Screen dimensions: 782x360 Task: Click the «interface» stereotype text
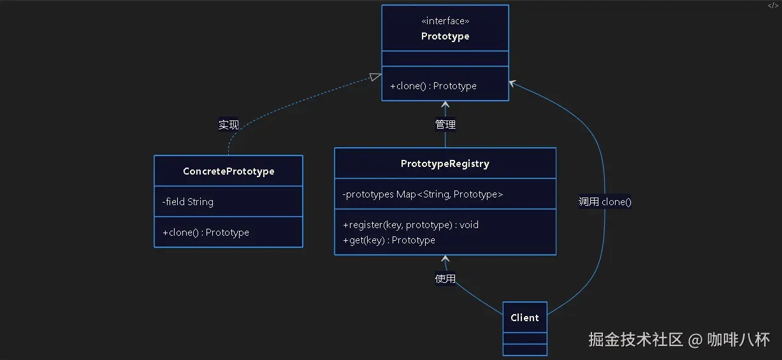click(445, 21)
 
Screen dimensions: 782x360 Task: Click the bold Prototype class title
click(445, 36)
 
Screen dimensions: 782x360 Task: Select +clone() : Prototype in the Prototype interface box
click(433, 86)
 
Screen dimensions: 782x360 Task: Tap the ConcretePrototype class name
click(229, 171)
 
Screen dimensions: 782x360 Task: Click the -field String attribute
click(188, 202)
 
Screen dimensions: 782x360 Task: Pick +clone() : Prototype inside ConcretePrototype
click(206, 233)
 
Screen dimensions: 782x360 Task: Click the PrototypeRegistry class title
click(445, 164)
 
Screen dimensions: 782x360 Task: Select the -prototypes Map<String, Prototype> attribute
click(423, 194)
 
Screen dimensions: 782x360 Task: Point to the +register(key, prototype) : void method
click(410, 225)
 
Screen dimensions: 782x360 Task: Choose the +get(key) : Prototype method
click(389, 240)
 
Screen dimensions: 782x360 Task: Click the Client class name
click(525, 318)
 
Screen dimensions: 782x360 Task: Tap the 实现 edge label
click(229, 125)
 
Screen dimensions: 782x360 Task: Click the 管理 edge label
click(445, 124)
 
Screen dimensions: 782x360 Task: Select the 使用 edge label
click(445, 278)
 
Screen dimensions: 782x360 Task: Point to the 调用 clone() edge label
click(605, 202)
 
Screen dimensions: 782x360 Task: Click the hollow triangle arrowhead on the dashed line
click(375, 77)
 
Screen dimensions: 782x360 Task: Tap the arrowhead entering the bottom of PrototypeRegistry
click(445, 259)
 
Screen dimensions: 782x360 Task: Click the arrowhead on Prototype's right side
click(512, 83)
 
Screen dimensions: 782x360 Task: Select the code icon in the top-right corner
click(773, 5)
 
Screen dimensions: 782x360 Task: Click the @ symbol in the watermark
click(695, 340)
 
